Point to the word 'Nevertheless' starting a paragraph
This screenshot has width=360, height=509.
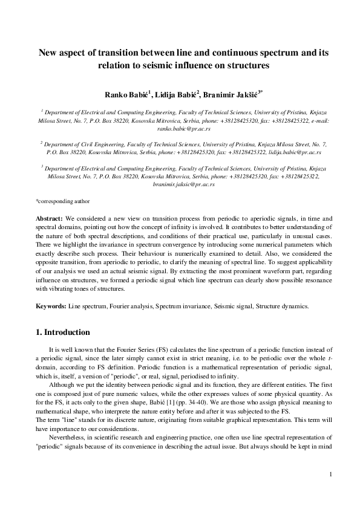pyautogui.click(x=70, y=433)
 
